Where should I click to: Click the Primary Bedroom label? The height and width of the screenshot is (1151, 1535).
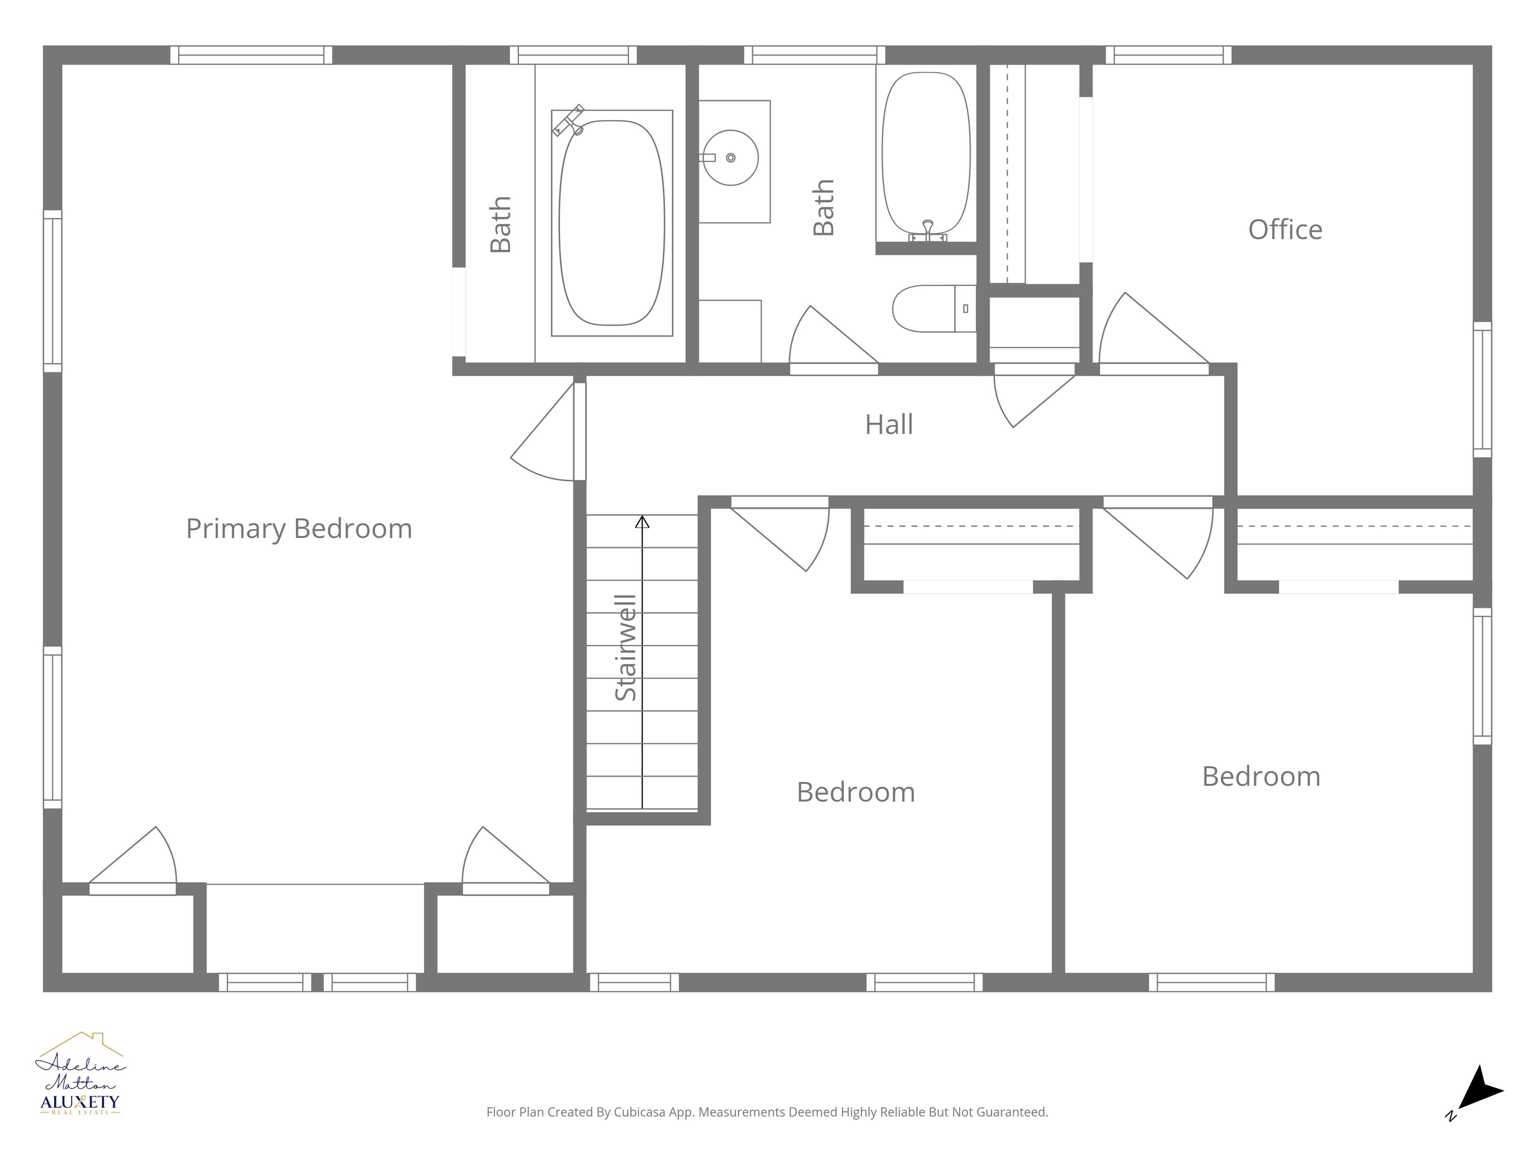click(299, 529)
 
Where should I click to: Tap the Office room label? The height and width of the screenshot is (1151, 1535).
click(1285, 230)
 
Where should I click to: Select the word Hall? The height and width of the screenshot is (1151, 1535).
click(888, 425)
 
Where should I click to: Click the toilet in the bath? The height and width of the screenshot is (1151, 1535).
click(933, 309)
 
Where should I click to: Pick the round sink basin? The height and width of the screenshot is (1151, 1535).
click(730, 157)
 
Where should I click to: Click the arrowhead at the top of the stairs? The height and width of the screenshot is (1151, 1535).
click(643, 522)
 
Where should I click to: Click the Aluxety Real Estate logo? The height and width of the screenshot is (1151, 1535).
click(80, 1076)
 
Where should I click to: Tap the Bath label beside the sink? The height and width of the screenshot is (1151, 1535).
click(823, 207)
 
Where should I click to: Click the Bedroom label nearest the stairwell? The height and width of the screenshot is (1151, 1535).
click(855, 792)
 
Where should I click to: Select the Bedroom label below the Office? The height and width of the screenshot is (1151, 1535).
click(1261, 776)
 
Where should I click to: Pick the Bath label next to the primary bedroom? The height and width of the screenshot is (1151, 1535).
click(500, 224)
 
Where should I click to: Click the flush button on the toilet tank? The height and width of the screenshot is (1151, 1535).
click(965, 309)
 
